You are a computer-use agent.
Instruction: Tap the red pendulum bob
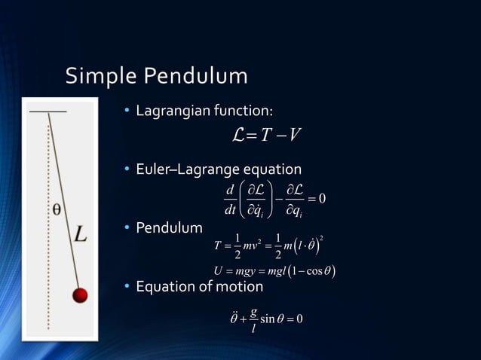pos(81,294)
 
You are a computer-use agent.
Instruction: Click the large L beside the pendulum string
pos(81,235)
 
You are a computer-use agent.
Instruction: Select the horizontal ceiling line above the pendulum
pos(47,111)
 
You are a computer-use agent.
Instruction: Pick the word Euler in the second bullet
pos(151,170)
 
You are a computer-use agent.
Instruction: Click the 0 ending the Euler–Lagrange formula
pos(321,198)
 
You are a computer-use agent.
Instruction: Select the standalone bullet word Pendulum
pos(169,227)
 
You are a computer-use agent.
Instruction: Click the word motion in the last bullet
pos(239,287)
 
